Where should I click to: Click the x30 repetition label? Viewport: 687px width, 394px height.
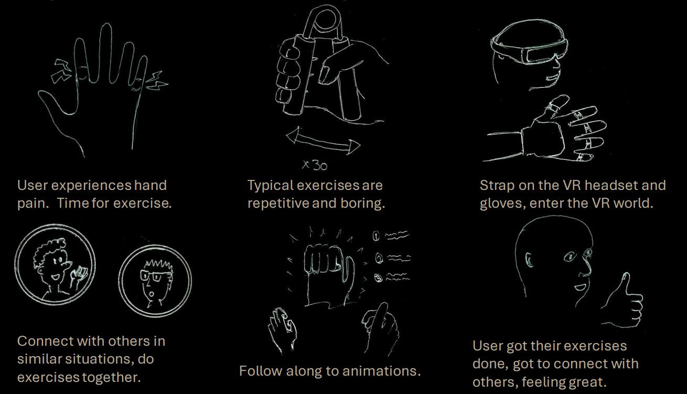[x=315, y=165]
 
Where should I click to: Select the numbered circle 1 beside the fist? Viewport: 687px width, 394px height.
[x=376, y=236]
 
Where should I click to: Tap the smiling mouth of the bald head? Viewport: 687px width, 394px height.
[x=580, y=287]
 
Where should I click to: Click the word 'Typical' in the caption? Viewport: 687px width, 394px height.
[x=270, y=186]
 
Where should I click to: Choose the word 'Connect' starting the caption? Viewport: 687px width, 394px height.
[x=45, y=341]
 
